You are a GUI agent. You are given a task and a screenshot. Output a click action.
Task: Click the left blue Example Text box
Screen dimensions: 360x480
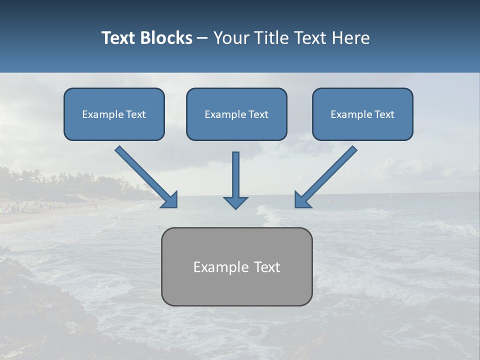[x=114, y=114]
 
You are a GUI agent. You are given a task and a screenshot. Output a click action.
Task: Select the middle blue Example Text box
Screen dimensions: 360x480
[x=236, y=114]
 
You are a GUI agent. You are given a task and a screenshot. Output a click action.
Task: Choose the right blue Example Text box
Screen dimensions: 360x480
[x=362, y=114]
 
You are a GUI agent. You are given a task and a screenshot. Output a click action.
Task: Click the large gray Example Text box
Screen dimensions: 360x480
[x=236, y=266]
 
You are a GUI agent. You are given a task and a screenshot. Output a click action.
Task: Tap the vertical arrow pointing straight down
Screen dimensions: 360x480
[x=235, y=177]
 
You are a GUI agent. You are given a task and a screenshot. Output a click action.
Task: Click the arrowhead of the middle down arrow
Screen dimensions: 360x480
[x=235, y=202]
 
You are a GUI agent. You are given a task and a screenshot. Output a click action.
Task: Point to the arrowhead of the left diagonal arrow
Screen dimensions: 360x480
[x=170, y=200]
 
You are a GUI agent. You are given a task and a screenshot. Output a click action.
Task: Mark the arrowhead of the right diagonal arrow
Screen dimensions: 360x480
[x=302, y=200]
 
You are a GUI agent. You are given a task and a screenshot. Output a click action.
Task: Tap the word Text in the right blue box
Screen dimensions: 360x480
[x=384, y=114]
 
